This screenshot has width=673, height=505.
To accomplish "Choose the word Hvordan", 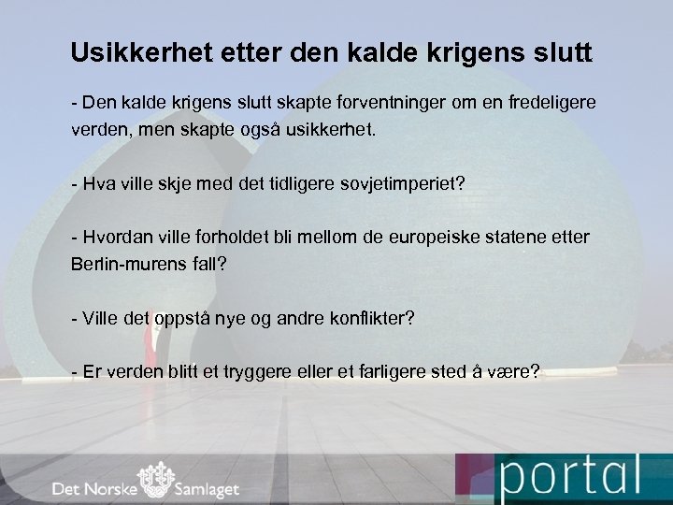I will coord(116,238).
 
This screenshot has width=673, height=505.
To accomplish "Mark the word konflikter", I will coord(359,319).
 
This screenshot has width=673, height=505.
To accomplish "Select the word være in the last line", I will coord(516,372).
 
